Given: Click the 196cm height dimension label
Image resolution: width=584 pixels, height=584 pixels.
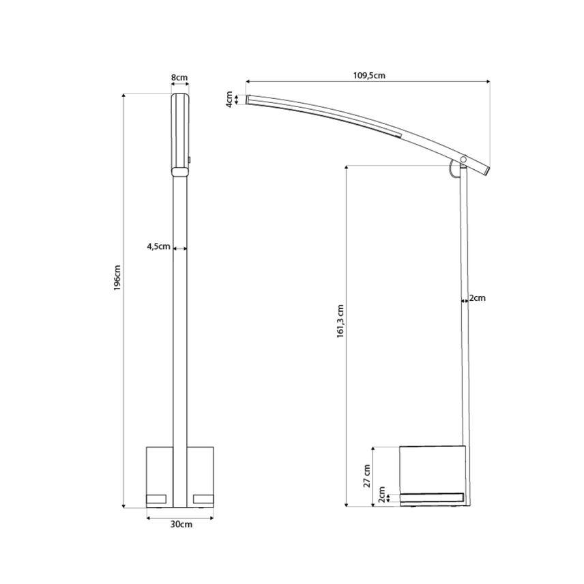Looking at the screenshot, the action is point(117,278).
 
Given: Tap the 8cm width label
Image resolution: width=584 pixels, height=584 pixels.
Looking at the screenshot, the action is point(179,78).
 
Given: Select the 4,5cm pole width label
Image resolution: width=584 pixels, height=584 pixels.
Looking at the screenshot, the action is point(159,246).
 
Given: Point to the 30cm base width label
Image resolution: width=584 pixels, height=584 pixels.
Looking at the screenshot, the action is point(181,524).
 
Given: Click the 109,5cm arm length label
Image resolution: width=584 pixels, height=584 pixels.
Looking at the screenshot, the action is point(369,76).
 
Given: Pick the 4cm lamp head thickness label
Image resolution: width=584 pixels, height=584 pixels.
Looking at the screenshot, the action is point(230,100).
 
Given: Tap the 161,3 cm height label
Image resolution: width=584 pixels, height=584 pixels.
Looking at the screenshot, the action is point(340,321).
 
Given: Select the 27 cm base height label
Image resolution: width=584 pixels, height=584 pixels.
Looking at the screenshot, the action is point(367,476).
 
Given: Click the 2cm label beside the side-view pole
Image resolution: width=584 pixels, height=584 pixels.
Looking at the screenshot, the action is point(477,298).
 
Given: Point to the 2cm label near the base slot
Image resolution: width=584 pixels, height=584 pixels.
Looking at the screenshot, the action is point(382,495).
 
